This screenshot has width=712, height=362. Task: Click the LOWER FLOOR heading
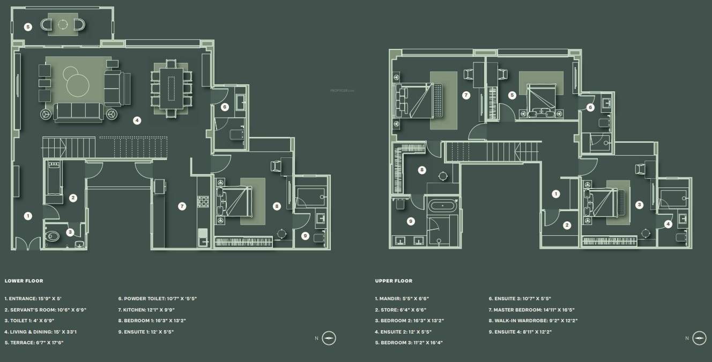pyautogui.click(x=24, y=281)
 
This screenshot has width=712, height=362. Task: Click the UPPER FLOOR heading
pyautogui.click(x=394, y=281)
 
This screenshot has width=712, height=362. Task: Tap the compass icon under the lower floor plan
pyautogui.click(x=329, y=338)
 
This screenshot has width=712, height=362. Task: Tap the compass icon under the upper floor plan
pyautogui.click(x=699, y=338)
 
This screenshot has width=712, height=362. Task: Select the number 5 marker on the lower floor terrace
pyautogui.click(x=28, y=27)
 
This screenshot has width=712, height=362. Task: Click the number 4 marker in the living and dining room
pyautogui.click(x=137, y=120)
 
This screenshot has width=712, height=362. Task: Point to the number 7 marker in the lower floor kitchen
pyautogui.click(x=182, y=206)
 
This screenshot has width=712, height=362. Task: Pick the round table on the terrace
pyautogui.click(x=63, y=24)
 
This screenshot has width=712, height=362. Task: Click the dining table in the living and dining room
pyautogui.click(x=172, y=88)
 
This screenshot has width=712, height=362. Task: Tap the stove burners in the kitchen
pyautogui.click(x=204, y=201)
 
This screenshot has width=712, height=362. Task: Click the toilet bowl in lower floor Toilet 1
pyautogui.click(x=53, y=235)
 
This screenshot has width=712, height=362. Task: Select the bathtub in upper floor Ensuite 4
pyautogui.click(x=442, y=205)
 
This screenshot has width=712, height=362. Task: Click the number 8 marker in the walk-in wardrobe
pyautogui.click(x=422, y=170)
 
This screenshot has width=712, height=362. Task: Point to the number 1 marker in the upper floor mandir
pyautogui.click(x=556, y=194)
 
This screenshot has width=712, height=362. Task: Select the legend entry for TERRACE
pyautogui.click(x=34, y=343)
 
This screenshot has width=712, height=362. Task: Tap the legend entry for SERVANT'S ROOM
pyautogui.click(x=46, y=309)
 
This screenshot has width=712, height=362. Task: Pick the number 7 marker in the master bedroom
pyautogui.click(x=466, y=95)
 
